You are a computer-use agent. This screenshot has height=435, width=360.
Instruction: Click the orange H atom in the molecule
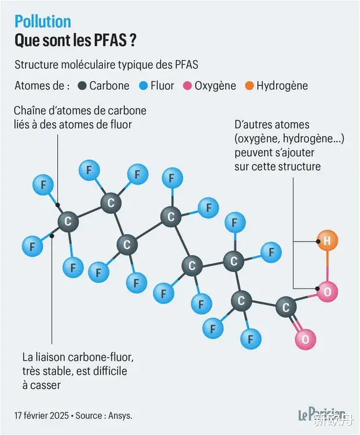coord(327,240)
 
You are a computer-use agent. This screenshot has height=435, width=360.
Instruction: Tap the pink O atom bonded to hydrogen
coord(327,291)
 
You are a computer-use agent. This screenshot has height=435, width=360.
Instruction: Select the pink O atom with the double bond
coord(305,339)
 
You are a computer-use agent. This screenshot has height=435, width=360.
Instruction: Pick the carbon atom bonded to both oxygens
coord(286,307)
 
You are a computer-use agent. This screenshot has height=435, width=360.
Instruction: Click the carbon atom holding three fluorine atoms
coord(68,221)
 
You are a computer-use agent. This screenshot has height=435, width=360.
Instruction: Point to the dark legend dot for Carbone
coord(82,86)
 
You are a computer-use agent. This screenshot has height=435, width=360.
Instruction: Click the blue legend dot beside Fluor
coord(144,86)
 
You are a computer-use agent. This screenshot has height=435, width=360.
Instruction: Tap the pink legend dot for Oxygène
coord(188,86)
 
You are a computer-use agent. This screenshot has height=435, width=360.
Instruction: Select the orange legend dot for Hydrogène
coord(249,86)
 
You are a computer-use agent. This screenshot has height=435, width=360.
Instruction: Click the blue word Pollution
coord(43,21)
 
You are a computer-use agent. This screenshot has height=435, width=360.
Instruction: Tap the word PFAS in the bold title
coord(111,40)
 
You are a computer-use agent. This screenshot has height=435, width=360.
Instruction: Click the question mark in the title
coord(133,40)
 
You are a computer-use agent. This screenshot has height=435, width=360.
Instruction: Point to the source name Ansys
coord(120,415)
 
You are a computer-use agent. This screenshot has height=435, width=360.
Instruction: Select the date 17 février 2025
coord(42,415)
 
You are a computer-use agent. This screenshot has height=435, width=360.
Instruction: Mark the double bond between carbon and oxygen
coord(295,323)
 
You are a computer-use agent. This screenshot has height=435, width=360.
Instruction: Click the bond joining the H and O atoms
coord(327,266)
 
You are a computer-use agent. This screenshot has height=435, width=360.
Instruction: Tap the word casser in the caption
coord(45,385)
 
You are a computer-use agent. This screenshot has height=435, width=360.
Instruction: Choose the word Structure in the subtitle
coord(36,65)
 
